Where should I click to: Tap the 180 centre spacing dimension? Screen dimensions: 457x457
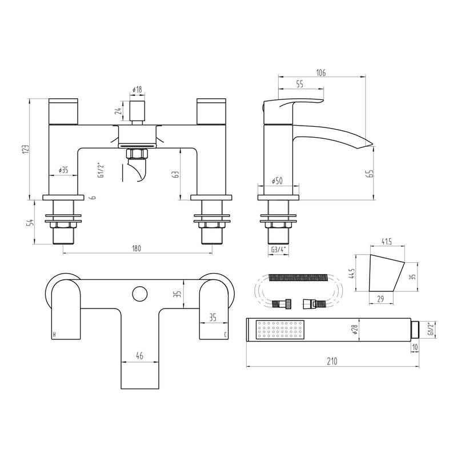coord(137,248)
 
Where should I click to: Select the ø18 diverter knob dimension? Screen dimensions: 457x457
coord(137,90)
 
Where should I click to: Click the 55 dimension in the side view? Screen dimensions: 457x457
coord(299,84)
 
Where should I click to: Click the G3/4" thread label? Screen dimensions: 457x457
coord(278,249)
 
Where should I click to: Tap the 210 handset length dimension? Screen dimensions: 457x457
coord(332,361)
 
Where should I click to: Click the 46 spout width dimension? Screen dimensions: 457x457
coord(139,355)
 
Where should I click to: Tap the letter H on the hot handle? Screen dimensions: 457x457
coord(54,334)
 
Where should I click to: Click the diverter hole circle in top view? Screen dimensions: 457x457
coord(138,294)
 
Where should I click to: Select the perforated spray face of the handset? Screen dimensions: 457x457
coord(280,330)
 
